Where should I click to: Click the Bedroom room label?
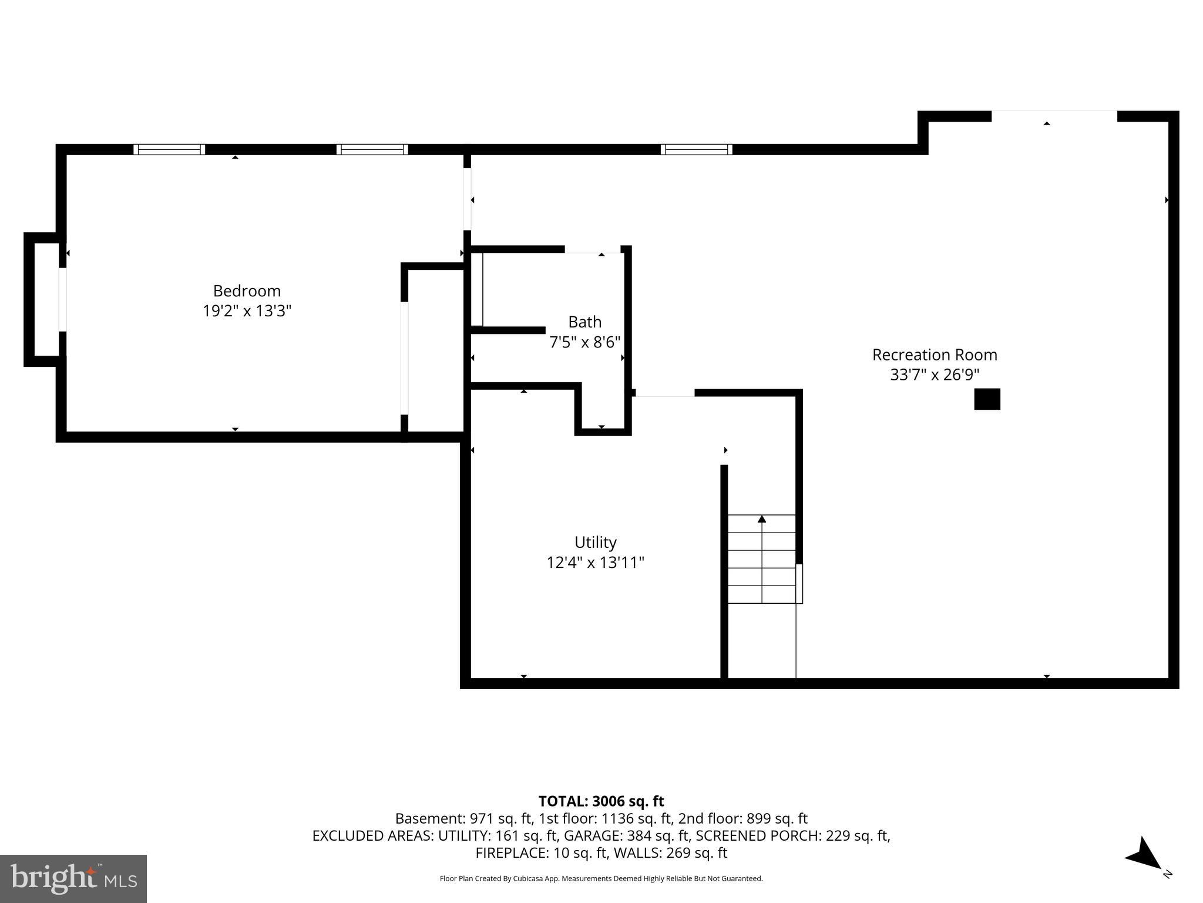click(247, 291)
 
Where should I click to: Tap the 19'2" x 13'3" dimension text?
click(247, 311)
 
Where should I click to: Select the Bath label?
click(584, 322)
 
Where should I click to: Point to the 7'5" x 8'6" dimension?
click(584, 342)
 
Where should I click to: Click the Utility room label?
click(595, 542)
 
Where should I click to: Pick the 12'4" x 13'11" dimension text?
click(595, 563)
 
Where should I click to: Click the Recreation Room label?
click(935, 355)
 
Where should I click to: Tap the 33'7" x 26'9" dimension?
click(935, 375)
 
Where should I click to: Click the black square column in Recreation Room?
click(987, 399)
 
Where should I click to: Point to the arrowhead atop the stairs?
click(762, 519)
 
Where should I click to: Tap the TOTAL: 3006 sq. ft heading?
click(601, 801)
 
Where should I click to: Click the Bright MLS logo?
click(73, 879)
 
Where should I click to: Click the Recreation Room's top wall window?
click(696, 149)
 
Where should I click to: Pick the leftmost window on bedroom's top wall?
click(169, 149)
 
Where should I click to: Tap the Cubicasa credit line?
click(601, 879)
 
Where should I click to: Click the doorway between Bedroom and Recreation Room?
click(468, 199)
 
